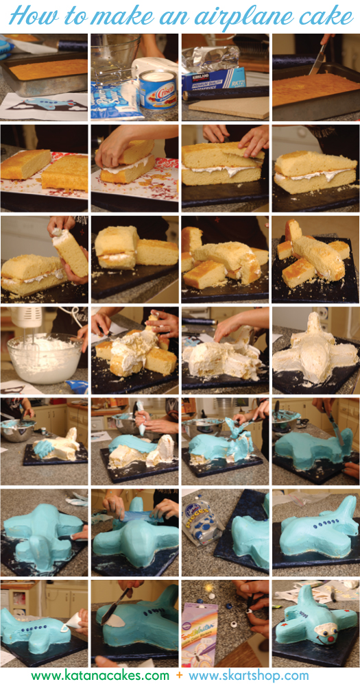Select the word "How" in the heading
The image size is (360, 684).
(x=27, y=16)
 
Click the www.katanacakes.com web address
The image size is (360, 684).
(x=100, y=676)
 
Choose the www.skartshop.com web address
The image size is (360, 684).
(x=249, y=676)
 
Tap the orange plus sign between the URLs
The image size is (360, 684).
(x=179, y=676)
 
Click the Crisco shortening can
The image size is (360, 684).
(x=158, y=88)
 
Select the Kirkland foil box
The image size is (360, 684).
(x=213, y=79)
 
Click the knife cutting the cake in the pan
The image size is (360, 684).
(x=317, y=59)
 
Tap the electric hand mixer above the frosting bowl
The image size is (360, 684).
(x=26, y=321)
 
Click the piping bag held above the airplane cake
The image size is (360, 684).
(x=141, y=420)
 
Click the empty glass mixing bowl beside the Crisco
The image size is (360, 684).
(x=115, y=55)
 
